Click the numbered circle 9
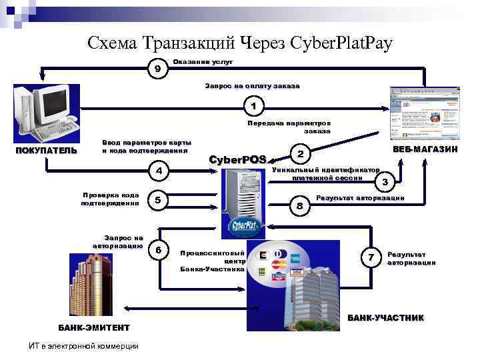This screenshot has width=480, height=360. [x=157, y=69]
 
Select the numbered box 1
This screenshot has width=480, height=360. [x=254, y=105]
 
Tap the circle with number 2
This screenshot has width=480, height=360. [x=300, y=154]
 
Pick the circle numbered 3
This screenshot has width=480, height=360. [x=385, y=181]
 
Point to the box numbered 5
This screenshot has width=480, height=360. [x=157, y=201]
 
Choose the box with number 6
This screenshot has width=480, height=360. [x=158, y=250]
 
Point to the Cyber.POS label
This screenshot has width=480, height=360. [x=238, y=159]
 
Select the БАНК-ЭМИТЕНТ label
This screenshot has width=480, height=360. [x=93, y=327]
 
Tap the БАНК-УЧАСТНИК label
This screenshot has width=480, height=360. [x=385, y=317]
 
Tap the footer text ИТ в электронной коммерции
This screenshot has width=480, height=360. [x=84, y=345]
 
